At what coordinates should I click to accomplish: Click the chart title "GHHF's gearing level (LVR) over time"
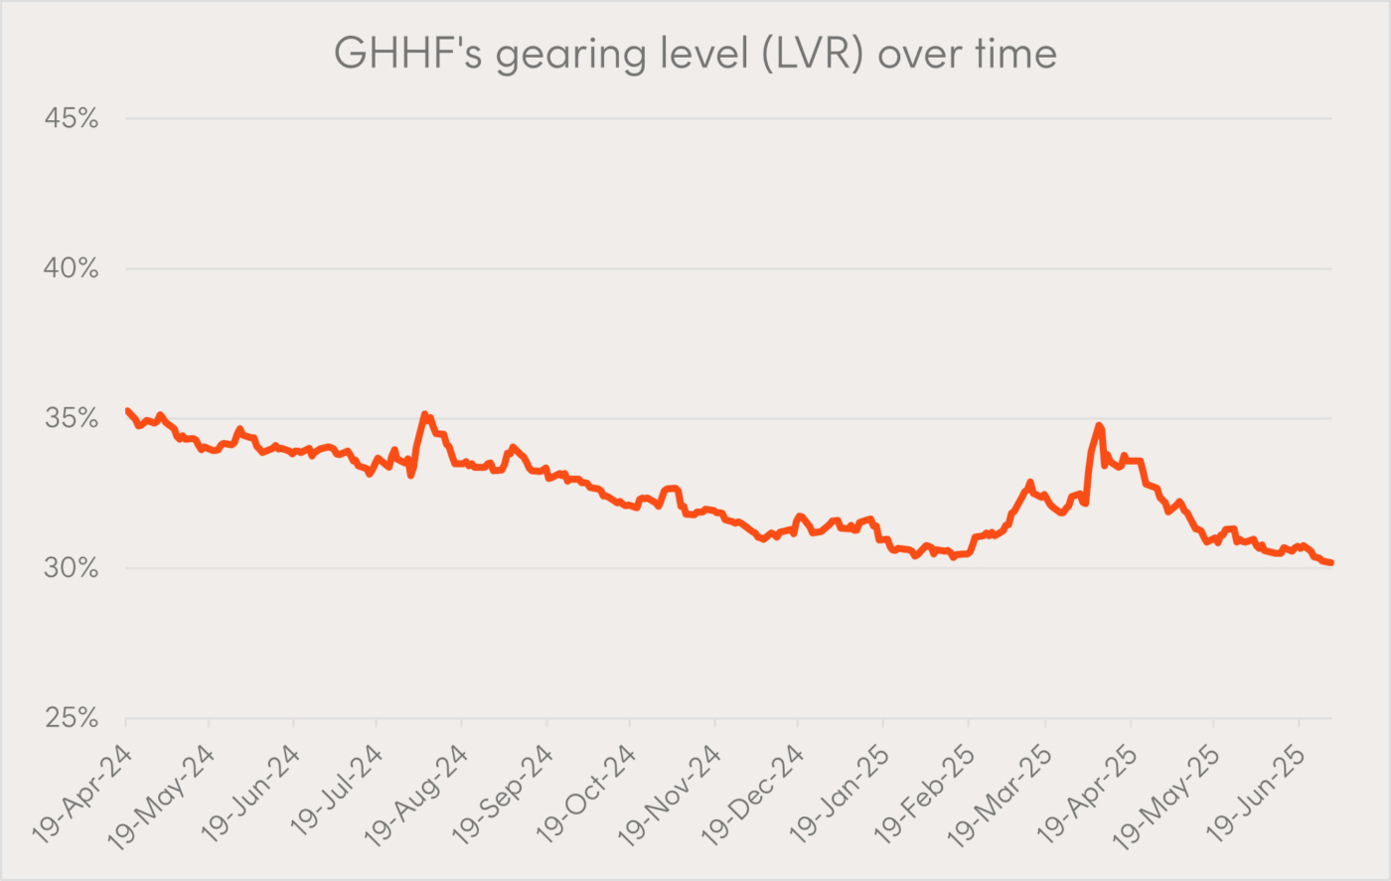[695, 54]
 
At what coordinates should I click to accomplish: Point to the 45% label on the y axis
[72, 118]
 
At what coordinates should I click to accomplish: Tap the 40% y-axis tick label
[72, 268]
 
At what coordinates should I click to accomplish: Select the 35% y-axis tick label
[72, 418]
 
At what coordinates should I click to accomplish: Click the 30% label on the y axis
[72, 568]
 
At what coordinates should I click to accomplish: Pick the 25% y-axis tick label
[72, 718]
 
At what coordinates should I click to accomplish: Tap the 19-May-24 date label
[161, 797]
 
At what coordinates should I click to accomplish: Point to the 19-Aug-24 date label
[415, 796]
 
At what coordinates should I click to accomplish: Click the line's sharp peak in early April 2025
[1099, 425]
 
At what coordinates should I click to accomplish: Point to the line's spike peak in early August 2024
[425, 413]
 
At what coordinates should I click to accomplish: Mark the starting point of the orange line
[127, 410]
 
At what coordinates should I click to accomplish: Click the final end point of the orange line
[1331, 563]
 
